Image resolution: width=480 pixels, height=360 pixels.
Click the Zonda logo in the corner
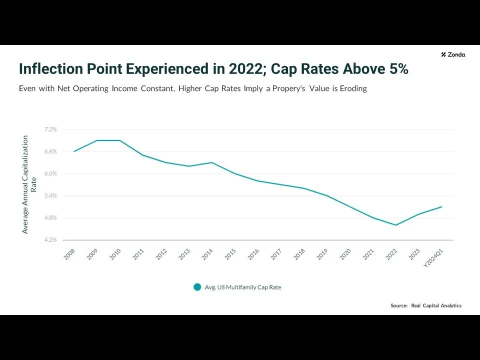tap(453, 54)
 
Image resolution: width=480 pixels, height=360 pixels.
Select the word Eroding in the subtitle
tap(353, 88)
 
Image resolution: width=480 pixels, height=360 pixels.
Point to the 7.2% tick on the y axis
tap(50, 129)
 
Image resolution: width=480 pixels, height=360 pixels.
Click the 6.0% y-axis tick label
tap(50, 173)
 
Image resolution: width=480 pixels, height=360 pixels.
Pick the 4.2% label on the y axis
tap(50, 240)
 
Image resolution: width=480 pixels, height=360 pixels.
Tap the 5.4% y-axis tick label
tap(50, 195)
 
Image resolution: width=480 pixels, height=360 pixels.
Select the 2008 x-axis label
tap(69, 254)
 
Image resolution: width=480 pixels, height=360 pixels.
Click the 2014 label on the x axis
tap(207, 254)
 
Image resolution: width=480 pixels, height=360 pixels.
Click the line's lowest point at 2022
tap(396, 225)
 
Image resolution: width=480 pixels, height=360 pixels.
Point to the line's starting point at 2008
tap(74, 151)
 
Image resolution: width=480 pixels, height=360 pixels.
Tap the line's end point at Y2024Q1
tap(441, 206)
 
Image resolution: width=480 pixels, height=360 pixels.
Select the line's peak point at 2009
tap(97, 140)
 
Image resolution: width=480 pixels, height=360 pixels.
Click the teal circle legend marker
tap(197, 287)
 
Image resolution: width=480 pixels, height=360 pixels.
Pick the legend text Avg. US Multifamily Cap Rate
tap(243, 287)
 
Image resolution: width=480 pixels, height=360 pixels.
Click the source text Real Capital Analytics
tap(436, 305)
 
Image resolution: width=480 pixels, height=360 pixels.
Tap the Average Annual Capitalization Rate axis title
tap(29, 184)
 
